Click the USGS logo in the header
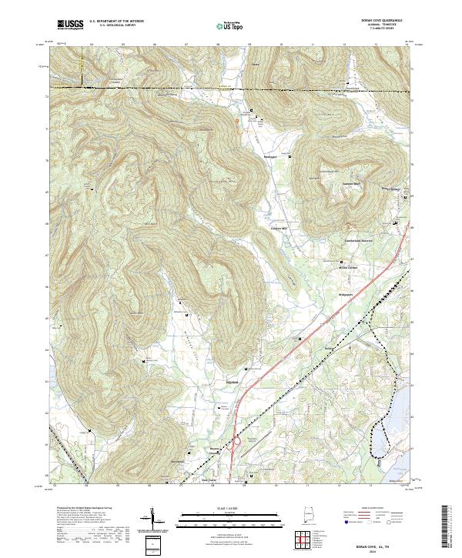pos(70,25)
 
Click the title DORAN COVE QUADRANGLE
pos(390,21)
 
